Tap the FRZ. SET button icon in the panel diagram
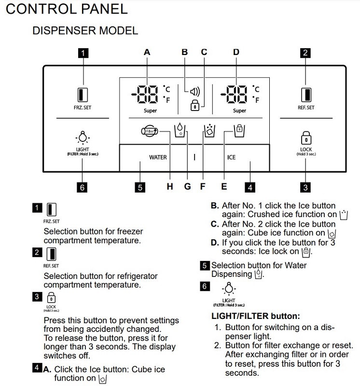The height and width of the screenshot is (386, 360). pos(83,94)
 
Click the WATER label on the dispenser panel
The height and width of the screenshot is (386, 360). pos(158,157)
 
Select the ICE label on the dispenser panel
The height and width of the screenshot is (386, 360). pos(231,157)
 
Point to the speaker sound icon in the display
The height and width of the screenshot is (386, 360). pos(194,90)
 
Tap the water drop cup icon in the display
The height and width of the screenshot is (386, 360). pos(179,130)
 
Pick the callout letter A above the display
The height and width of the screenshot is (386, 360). pos(147,52)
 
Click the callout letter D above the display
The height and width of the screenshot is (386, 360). pos(236,52)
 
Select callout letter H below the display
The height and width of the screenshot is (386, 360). pos(170,187)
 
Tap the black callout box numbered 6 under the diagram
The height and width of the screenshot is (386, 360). pos(83,188)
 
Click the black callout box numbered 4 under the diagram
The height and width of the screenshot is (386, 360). pos(250,188)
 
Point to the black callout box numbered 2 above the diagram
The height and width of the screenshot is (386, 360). pos(305,53)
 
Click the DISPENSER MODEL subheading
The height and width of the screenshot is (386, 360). pos(85,30)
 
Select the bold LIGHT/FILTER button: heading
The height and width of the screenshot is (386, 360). pos(256,317)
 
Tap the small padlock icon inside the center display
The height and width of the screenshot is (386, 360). pos(195,105)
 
